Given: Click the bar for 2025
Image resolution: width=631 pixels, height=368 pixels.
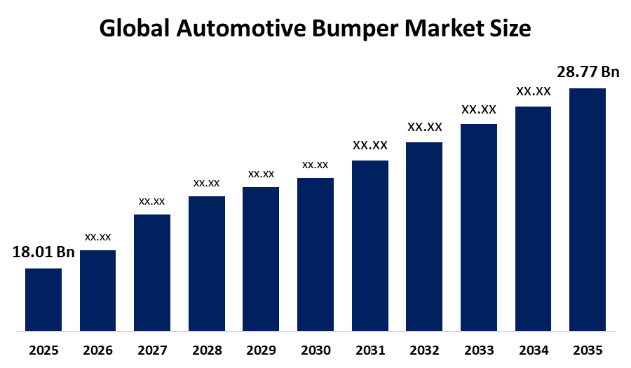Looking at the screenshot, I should [x=43, y=299].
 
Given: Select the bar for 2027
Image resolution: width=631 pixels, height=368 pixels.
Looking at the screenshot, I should [x=152, y=272].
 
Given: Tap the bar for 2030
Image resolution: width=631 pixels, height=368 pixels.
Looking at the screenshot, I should [x=315, y=254].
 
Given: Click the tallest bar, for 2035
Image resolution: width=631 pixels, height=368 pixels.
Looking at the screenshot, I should [x=587, y=209].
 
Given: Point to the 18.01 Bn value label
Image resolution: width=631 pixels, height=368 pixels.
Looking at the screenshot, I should [x=43, y=252].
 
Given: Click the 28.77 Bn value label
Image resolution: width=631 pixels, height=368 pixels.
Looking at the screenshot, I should [x=588, y=71].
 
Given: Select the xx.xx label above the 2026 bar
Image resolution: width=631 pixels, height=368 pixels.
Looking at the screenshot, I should [x=98, y=237].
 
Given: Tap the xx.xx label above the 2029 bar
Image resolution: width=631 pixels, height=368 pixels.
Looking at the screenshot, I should [x=261, y=174].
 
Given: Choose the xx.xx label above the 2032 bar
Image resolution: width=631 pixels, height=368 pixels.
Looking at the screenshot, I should [x=425, y=128].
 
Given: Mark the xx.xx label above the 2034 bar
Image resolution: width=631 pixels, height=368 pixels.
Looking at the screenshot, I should [x=534, y=91].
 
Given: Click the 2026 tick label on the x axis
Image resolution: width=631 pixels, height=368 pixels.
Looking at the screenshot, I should [x=98, y=350].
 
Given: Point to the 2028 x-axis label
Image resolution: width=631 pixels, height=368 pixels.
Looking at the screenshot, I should [x=207, y=350].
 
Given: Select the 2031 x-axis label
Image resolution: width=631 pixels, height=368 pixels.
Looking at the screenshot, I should [x=369, y=350].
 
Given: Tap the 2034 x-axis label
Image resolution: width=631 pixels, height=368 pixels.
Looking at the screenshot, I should [x=533, y=350].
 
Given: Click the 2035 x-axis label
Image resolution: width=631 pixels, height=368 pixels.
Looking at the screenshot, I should [x=588, y=350].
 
